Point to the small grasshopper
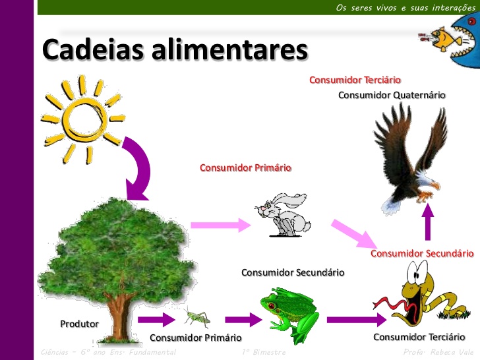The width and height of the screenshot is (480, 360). point(196,318)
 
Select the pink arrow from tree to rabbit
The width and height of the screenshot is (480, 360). point(220,224)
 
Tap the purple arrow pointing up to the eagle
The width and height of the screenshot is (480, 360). point(428,224)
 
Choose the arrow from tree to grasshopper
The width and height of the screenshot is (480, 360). point(157,320)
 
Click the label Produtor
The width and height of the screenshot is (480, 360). point(79,324)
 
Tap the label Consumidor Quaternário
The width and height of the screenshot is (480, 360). point(392,95)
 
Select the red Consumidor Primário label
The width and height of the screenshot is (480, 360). point(245,167)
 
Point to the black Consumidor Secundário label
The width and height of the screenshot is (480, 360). point(293,272)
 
